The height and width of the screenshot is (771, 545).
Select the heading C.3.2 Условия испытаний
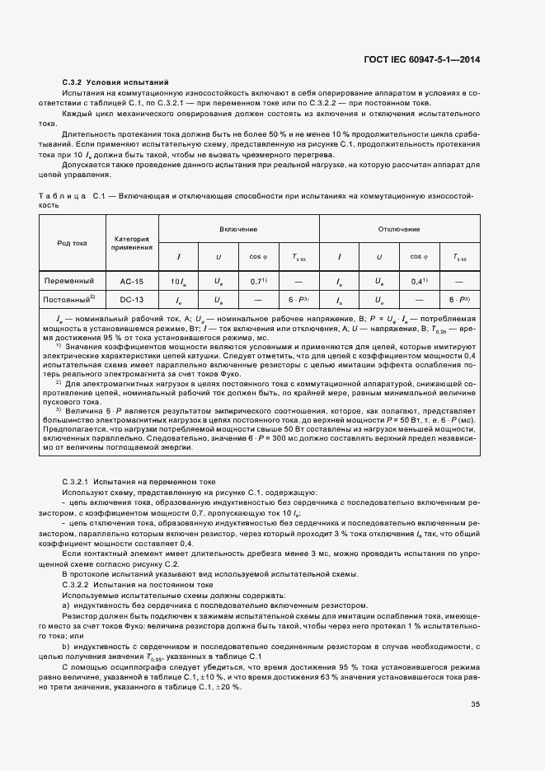[115, 83]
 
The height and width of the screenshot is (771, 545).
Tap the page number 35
[475, 704]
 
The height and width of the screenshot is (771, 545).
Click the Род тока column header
[72, 243]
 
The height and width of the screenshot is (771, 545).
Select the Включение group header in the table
[238, 228]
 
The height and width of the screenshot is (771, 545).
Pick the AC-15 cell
[132, 281]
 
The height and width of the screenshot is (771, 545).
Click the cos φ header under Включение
[259, 257]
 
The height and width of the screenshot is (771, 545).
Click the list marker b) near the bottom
[67, 647]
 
